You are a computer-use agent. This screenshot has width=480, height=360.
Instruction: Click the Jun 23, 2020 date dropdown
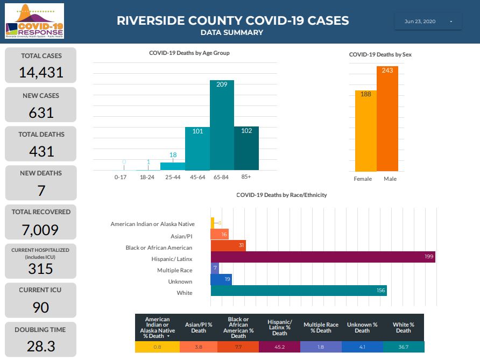[x=428, y=22]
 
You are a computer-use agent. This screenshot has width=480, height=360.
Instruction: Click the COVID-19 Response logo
[x=34, y=21]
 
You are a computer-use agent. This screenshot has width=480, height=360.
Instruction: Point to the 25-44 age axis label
[x=173, y=177]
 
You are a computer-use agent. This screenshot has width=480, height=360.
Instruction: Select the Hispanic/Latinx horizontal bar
[x=323, y=258]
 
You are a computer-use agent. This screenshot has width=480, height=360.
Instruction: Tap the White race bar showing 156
[x=299, y=291]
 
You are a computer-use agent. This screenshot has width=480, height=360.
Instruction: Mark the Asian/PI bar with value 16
[x=220, y=235]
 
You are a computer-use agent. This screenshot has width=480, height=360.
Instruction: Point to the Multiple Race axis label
[x=174, y=270]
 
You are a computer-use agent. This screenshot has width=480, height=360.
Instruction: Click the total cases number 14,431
[x=41, y=72]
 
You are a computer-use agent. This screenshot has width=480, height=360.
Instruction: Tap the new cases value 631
[x=41, y=112]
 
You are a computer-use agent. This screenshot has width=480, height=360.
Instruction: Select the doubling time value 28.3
[x=41, y=346]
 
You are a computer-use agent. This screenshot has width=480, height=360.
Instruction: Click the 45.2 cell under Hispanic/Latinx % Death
[x=280, y=347]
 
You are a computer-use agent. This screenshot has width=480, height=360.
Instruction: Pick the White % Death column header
[x=404, y=327]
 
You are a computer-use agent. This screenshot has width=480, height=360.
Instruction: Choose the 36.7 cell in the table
[x=404, y=347]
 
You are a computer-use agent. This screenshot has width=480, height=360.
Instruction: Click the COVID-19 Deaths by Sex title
[x=380, y=54]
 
